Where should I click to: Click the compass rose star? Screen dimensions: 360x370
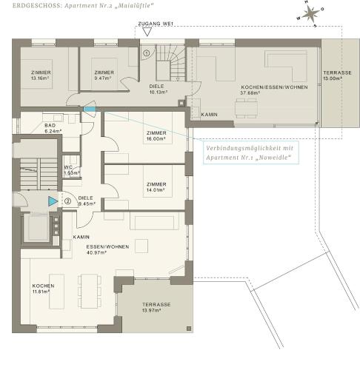[x=311, y=13]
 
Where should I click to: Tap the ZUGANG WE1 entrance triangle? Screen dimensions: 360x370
[x=147, y=32]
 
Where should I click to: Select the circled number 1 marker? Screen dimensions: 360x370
[x=147, y=53]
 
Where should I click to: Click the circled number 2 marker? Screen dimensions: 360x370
[x=67, y=201]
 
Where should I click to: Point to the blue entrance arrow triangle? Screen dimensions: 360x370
[x=53, y=201]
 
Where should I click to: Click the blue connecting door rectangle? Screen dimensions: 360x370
[x=90, y=109]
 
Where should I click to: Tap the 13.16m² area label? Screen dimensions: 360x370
[x=41, y=78]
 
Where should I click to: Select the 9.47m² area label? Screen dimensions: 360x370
[x=104, y=78]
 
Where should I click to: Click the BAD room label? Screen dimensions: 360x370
[x=50, y=125]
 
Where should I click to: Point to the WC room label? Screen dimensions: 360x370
[x=68, y=167]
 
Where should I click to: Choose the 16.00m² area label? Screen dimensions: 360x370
[x=156, y=139]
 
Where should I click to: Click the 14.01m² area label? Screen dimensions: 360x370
[x=156, y=190]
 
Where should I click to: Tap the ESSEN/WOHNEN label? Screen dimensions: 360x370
[x=107, y=246]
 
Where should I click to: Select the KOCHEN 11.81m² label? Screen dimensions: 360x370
[x=43, y=289]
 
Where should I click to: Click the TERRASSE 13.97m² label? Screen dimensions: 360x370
[x=156, y=307]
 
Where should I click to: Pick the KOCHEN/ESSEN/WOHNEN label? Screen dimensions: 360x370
[x=274, y=87]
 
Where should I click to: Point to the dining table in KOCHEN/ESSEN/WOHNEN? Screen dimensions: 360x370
[x=246, y=108]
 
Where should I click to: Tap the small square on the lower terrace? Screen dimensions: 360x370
[x=189, y=329]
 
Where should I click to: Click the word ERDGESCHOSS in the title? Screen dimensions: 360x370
[x=36, y=5]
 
